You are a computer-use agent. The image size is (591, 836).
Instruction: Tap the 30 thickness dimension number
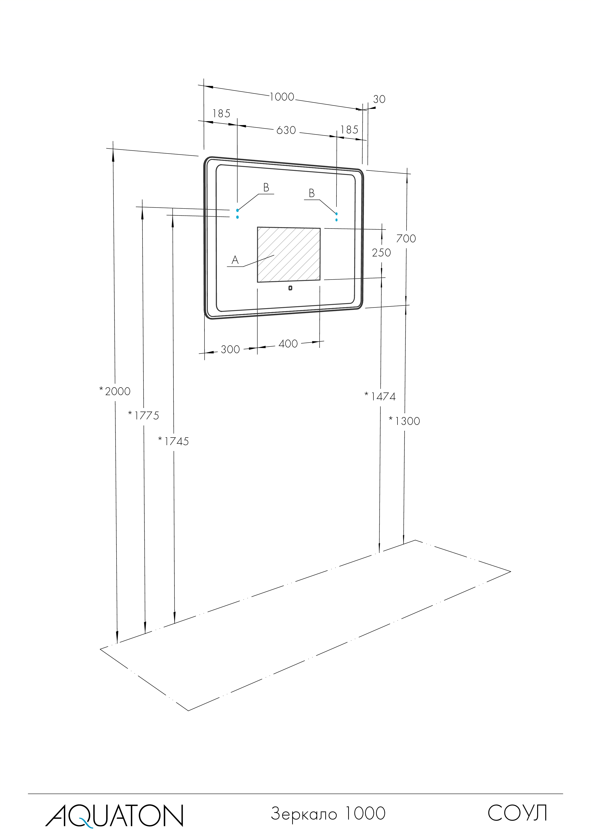click(x=379, y=99)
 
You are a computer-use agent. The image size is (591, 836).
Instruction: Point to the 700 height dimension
click(x=406, y=239)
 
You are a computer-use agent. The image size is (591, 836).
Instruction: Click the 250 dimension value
click(x=381, y=253)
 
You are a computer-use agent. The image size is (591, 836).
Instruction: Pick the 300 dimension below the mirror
click(x=230, y=350)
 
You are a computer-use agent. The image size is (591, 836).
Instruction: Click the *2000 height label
click(x=115, y=391)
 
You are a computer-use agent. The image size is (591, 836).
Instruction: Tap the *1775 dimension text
click(x=144, y=415)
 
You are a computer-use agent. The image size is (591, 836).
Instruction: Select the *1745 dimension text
click(x=174, y=441)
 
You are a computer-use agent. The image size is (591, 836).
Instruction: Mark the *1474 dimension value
click(x=380, y=397)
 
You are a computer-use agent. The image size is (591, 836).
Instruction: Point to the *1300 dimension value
click(x=405, y=421)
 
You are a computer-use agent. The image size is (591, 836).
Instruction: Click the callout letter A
click(x=235, y=260)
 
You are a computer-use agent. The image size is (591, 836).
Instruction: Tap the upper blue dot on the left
click(x=237, y=210)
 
